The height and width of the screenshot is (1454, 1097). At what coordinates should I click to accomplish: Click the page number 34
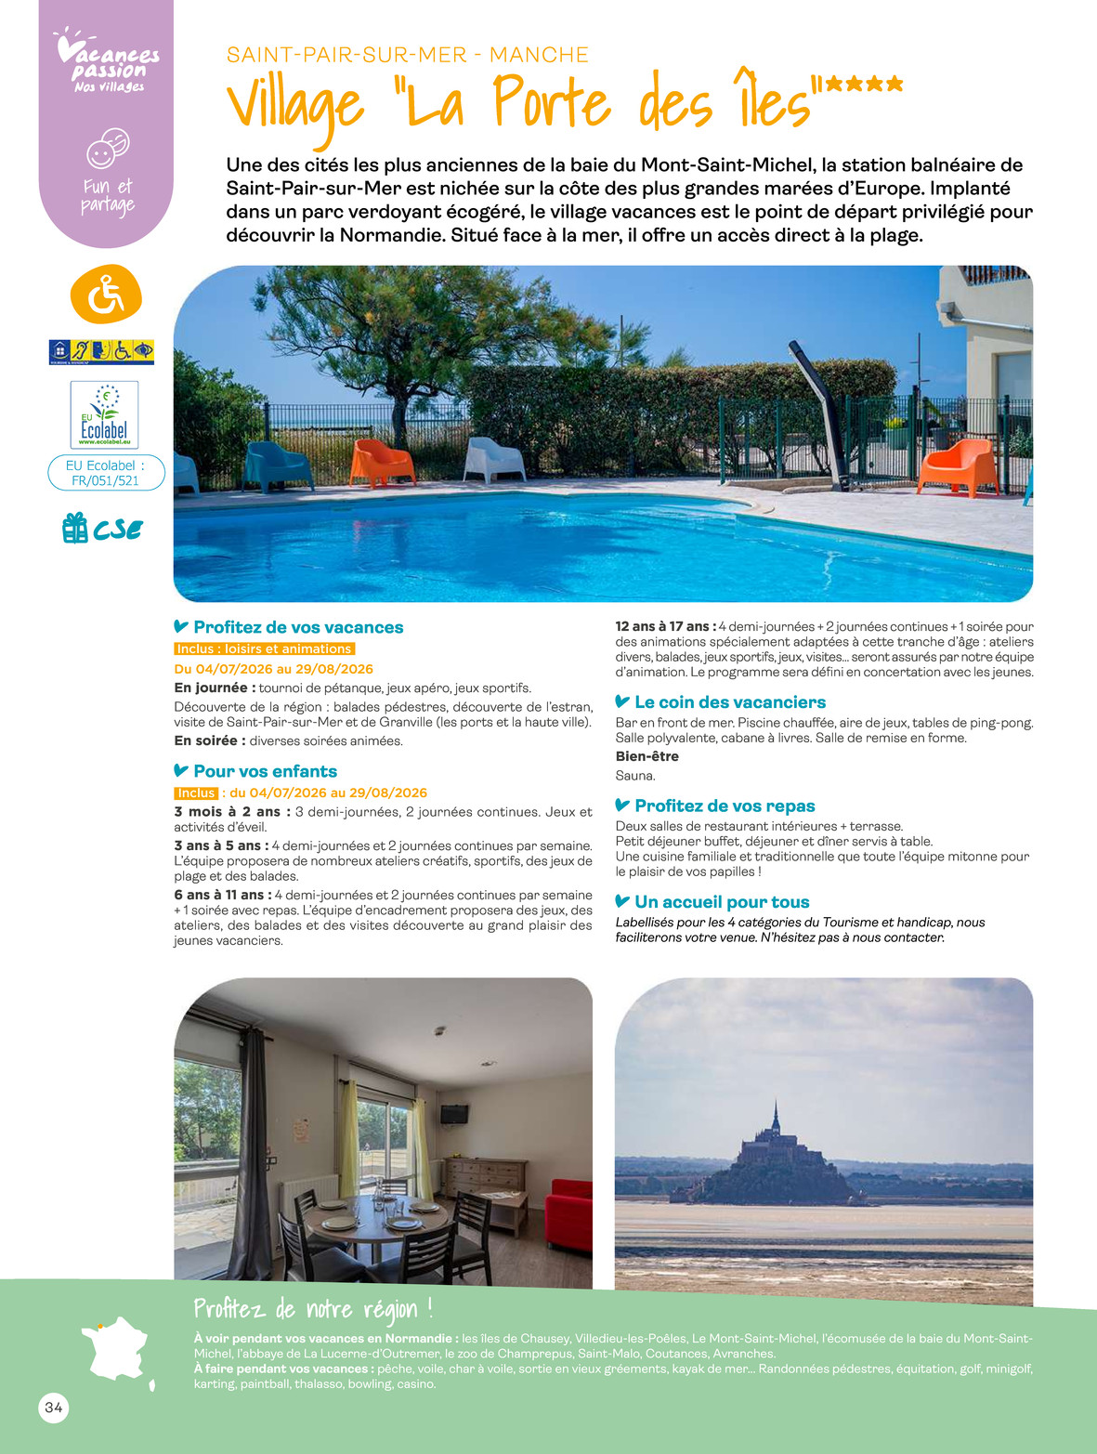point(54,1408)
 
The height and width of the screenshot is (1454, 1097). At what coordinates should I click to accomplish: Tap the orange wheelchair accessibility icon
point(106,295)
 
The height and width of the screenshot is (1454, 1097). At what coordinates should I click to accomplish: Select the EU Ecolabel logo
point(104,415)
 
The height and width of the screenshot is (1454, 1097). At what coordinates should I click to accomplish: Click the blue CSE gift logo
point(102,529)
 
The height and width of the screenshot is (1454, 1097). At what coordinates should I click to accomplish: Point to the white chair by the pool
point(493,459)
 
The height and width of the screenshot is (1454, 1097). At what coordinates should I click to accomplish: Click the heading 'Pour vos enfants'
point(265,771)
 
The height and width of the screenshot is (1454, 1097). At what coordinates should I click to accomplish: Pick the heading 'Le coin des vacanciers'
point(729,702)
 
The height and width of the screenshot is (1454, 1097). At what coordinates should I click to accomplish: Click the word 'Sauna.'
point(635,776)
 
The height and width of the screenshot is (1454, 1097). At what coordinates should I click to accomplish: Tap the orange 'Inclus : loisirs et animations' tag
point(265,649)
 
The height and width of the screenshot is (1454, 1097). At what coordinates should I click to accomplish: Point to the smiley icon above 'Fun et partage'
point(107,149)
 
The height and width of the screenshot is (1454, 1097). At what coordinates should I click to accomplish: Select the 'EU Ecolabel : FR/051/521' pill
point(106,473)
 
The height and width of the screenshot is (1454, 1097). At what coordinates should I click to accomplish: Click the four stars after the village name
point(863,85)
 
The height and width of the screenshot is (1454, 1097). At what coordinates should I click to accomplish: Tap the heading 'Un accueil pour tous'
point(721,902)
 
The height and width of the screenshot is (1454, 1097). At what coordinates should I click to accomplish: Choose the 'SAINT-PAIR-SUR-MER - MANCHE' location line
point(407,55)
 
